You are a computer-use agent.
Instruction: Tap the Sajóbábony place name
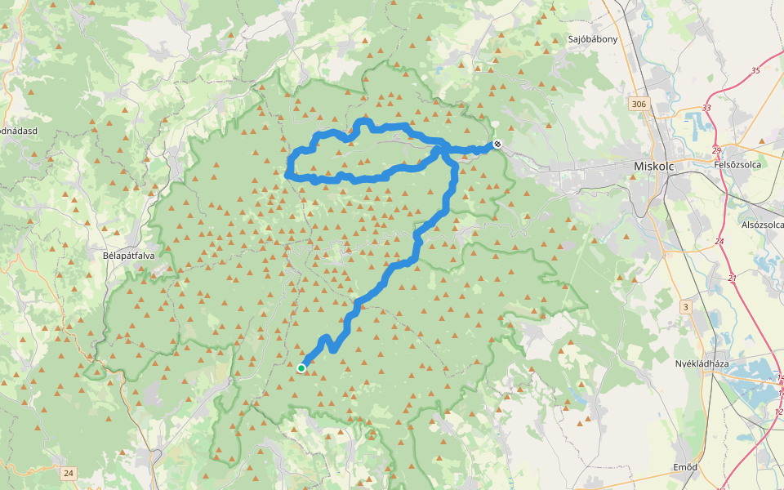click(x=593, y=38)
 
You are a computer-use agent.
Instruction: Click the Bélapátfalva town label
click(x=129, y=255)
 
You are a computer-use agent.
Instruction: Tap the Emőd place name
click(x=684, y=467)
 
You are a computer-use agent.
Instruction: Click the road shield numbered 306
click(x=639, y=104)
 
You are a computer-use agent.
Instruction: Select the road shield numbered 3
click(x=685, y=306)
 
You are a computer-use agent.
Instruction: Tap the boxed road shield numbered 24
click(x=68, y=473)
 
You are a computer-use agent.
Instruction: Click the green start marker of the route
click(x=301, y=368)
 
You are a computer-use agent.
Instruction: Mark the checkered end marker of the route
click(x=497, y=145)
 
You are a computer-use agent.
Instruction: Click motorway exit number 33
click(x=706, y=108)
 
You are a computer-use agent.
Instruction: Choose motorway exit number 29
click(x=716, y=150)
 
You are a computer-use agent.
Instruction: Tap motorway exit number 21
click(x=732, y=279)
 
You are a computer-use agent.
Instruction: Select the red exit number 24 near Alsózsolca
click(x=719, y=242)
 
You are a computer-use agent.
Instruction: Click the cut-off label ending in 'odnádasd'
click(x=16, y=131)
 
